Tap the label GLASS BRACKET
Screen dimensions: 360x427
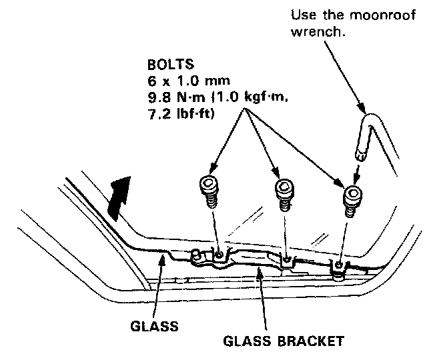pyautogui.click(x=283, y=342)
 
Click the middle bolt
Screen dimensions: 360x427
pyautogui.click(x=286, y=194)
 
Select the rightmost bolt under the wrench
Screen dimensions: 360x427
pyautogui.click(x=352, y=199)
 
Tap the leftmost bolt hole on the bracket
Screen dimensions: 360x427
pyautogui.click(x=220, y=253)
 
